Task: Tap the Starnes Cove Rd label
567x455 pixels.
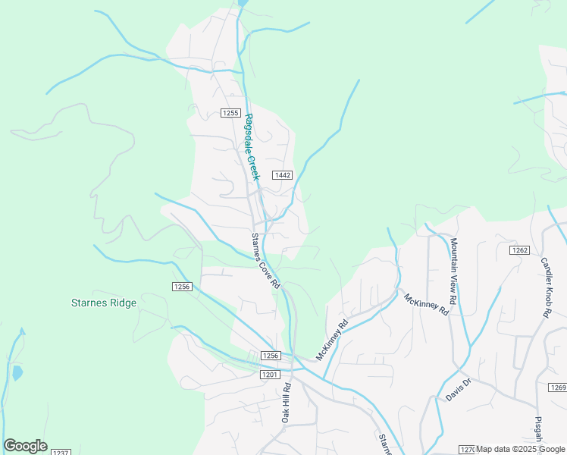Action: pyautogui.click(x=266, y=260)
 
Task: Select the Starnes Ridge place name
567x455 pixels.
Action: pyautogui.click(x=104, y=303)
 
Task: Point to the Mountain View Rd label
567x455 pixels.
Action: pyautogui.click(x=460, y=277)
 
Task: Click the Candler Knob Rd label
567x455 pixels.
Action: pyautogui.click(x=550, y=287)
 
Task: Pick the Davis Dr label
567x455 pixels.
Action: pyautogui.click(x=458, y=391)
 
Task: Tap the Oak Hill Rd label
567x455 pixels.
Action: pyautogui.click(x=286, y=403)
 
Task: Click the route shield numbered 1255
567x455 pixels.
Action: pyautogui.click(x=230, y=113)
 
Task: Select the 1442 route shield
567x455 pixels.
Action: pyautogui.click(x=283, y=175)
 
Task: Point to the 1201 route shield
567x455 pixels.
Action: pyautogui.click(x=270, y=375)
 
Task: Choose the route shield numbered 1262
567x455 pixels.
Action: pyautogui.click(x=519, y=250)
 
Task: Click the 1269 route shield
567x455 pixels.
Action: pyautogui.click(x=558, y=388)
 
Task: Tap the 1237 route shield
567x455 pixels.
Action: pyautogui.click(x=61, y=452)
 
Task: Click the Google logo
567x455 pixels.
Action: pyautogui.click(x=25, y=446)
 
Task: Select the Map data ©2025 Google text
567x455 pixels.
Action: pyautogui.click(x=521, y=449)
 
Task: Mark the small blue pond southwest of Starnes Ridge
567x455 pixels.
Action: pyautogui.click(x=17, y=372)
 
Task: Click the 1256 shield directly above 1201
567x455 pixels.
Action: pyautogui.click(x=271, y=356)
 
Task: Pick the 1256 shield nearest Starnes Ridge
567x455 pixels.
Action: pyautogui.click(x=182, y=287)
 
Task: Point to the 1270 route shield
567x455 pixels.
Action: pyautogui.click(x=467, y=450)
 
